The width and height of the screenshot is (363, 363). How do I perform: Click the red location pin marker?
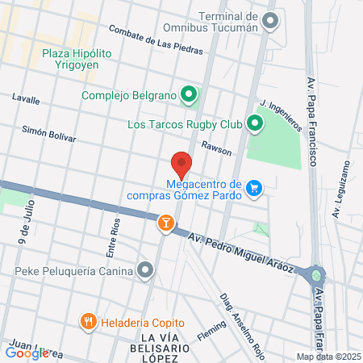[x=182, y=164]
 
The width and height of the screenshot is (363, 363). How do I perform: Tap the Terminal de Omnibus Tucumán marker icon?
[x=270, y=20]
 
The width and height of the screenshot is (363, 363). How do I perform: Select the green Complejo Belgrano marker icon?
[x=190, y=96]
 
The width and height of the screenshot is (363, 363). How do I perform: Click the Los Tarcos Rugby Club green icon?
[x=256, y=124]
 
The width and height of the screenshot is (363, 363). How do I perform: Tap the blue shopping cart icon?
[x=255, y=188]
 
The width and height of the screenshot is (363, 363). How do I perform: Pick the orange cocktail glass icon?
[x=165, y=222]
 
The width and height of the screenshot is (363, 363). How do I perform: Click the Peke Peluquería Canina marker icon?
[x=146, y=269]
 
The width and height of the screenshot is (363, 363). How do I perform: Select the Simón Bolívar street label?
[x=48, y=133]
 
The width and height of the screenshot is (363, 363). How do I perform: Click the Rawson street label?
[x=216, y=148]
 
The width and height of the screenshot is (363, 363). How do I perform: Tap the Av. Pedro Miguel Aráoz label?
[x=240, y=254]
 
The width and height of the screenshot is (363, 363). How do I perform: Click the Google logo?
[x=27, y=353]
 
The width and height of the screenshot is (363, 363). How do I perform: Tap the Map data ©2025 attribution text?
[x=328, y=356]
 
